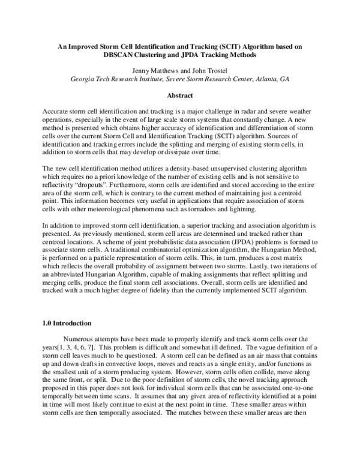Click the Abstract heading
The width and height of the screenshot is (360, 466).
point(179,95)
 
